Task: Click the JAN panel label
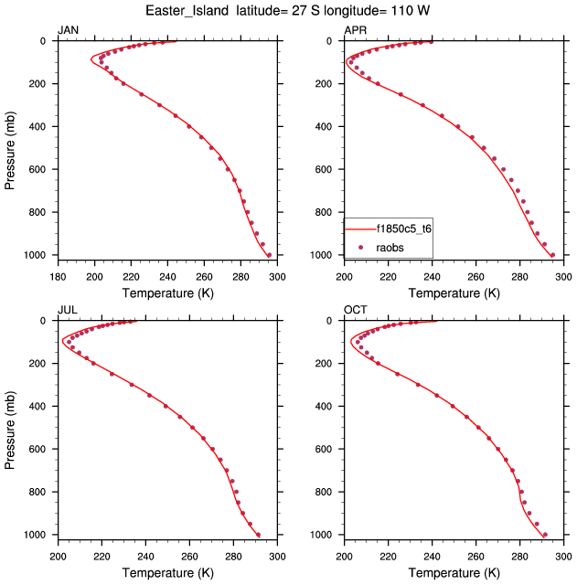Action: [x=69, y=31]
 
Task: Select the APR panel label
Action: [x=355, y=31]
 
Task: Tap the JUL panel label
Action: [x=68, y=311]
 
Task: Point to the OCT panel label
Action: [x=356, y=311]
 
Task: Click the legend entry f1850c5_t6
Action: [x=402, y=229]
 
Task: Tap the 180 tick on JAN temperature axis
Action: [x=58, y=277]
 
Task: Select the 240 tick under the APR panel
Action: [x=433, y=277]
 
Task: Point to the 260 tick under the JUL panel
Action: [x=189, y=557]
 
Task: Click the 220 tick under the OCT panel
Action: [x=389, y=557]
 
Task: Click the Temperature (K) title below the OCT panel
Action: [x=454, y=572]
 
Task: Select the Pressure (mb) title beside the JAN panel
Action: [x=10, y=148]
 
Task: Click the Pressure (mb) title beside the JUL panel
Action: [x=10, y=428]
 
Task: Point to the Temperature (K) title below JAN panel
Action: [x=167, y=292]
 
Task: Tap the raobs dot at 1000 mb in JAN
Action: [x=269, y=255]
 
